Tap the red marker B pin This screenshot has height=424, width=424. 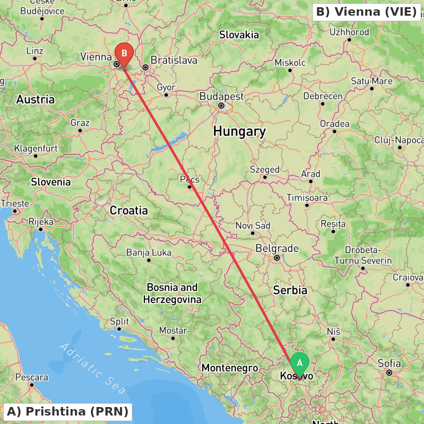tap(124, 54)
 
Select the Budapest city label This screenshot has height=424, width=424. tap(222, 96)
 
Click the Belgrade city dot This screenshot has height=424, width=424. tap(277, 257)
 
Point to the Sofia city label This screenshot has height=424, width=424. tap(389, 363)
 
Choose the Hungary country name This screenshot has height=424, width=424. tap(240, 131)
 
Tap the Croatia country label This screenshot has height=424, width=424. tap(129, 210)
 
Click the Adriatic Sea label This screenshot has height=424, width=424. tap(92, 367)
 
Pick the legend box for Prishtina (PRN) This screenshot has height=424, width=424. tap(68, 411)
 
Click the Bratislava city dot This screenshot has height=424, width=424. tap(145, 67)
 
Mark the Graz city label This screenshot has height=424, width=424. tap(80, 123)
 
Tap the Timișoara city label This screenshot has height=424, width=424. tap(307, 198)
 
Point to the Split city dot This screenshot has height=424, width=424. tap(119, 329)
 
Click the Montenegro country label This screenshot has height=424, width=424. tap(230, 368)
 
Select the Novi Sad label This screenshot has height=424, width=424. tap(253, 226)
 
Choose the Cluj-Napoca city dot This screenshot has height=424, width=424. tap(399, 148)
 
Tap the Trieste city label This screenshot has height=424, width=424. tap(15, 204)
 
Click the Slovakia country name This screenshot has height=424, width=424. tap(239, 35)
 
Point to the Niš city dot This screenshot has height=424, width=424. tap(333, 339)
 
